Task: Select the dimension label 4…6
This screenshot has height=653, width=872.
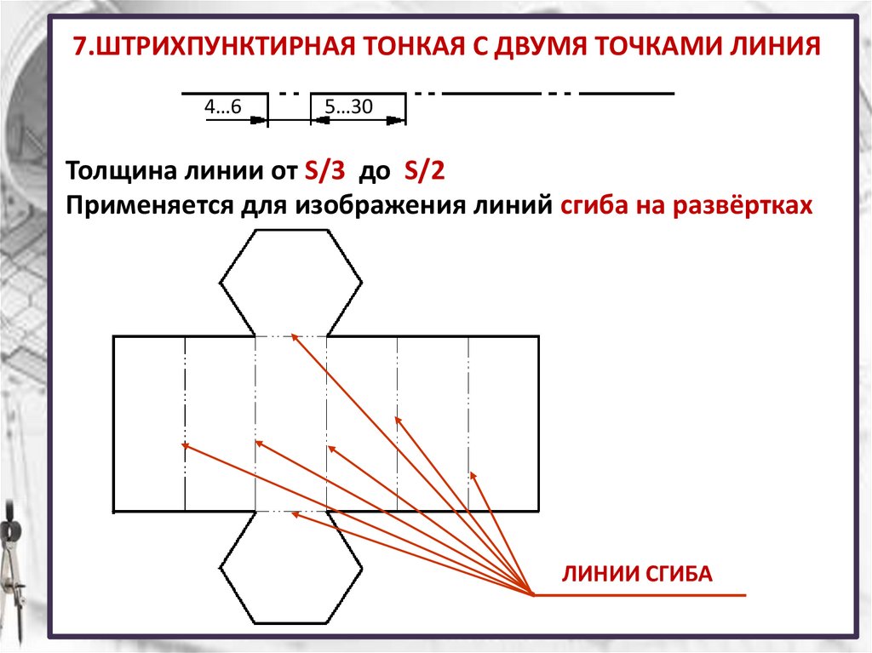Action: coord(222,106)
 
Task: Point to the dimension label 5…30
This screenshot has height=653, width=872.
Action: coord(350,106)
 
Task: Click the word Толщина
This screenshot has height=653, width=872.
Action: coord(121,170)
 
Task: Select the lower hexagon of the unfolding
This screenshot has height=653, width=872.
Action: coord(290,567)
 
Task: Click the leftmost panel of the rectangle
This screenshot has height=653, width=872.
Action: coord(149,423)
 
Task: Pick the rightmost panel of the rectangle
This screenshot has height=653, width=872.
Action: coord(503,423)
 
